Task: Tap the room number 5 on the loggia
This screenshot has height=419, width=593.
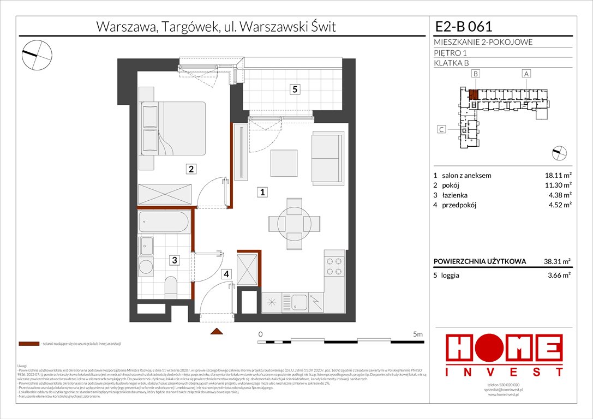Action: click(294, 89)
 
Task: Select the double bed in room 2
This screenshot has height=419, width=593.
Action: click(172, 128)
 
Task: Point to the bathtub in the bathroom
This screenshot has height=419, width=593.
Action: click(164, 223)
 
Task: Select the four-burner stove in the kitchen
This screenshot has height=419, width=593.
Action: click(334, 266)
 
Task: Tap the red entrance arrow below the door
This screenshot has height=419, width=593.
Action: click(217, 331)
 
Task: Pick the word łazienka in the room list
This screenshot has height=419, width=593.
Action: click(456, 195)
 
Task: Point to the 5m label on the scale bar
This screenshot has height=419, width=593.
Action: click(418, 333)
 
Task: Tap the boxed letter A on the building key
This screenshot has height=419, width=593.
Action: click(526, 73)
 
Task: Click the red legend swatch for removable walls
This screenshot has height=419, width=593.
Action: click(29, 344)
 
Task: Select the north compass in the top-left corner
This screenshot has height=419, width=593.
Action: click(37, 52)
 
